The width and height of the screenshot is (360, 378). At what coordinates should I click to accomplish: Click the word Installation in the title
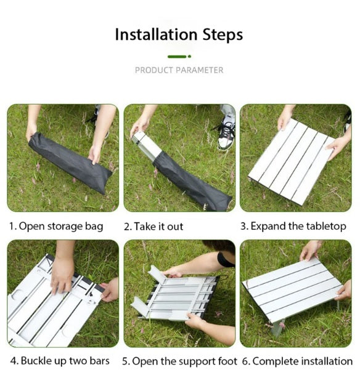(x=157, y=34)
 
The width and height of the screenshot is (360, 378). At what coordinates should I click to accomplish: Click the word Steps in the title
(x=223, y=35)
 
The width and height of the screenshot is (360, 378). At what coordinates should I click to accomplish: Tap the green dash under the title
(x=177, y=57)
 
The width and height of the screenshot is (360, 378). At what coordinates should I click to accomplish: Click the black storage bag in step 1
(x=70, y=163)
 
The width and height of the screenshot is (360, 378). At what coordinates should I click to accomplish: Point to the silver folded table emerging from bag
(x=147, y=145)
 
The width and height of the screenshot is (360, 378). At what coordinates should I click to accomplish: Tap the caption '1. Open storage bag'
(x=56, y=227)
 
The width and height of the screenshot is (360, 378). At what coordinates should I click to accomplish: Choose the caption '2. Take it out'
(x=153, y=227)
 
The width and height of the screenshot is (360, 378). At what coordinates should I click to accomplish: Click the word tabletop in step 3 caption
(x=326, y=227)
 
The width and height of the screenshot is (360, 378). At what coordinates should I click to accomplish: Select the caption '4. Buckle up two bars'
(x=60, y=361)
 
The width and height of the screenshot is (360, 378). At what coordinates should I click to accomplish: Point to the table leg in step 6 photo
(x=277, y=329)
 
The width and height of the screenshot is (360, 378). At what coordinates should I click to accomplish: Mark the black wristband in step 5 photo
(x=224, y=259)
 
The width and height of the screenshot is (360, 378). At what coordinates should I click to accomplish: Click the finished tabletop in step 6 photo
(x=293, y=289)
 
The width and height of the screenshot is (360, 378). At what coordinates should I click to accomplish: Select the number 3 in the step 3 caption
(x=243, y=227)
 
